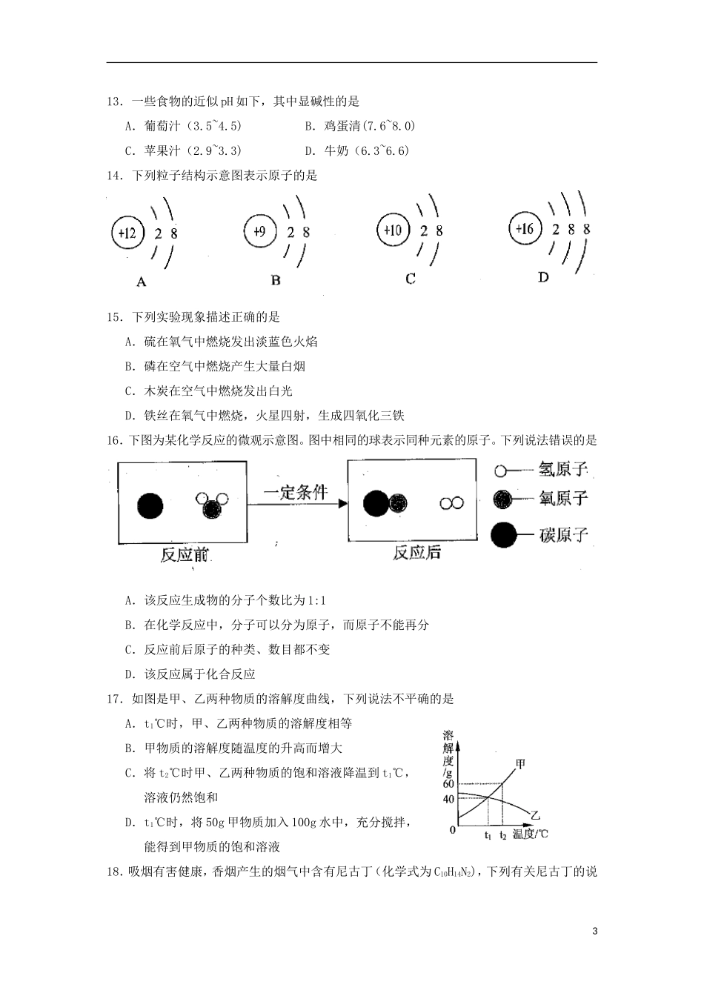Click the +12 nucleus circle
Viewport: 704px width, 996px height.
coord(127,233)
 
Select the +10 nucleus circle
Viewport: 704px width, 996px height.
coord(392,230)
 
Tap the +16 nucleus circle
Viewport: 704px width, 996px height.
coord(525,228)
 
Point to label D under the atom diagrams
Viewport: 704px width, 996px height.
coord(543,276)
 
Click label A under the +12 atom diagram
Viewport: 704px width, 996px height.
coord(142,282)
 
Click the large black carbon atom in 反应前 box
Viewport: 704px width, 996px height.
coord(150,506)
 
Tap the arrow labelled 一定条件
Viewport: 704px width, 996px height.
coord(296,504)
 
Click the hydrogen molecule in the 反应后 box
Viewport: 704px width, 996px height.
coord(451,503)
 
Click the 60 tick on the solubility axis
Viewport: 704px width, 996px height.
coord(448,784)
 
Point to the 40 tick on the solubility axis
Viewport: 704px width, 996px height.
coord(448,799)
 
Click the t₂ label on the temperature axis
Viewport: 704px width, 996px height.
coord(503,835)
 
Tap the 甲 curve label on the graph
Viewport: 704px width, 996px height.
coord(520,763)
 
